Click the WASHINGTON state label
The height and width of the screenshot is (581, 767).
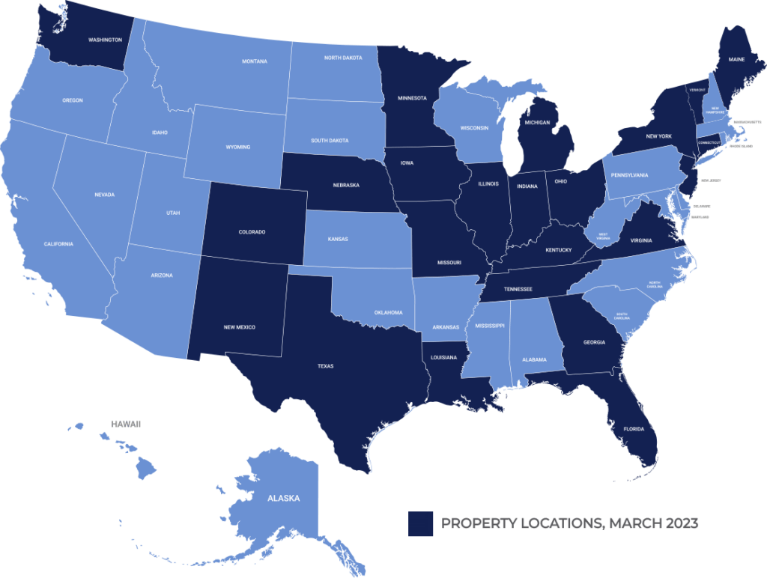pyautogui.click(x=106, y=40)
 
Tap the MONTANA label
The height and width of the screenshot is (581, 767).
pyautogui.click(x=255, y=61)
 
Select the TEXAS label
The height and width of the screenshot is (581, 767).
pyautogui.click(x=325, y=366)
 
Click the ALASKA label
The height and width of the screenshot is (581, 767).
pyautogui.click(x=284, y=498)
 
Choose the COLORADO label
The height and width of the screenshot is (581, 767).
pyautogui.click(x=252, y=232)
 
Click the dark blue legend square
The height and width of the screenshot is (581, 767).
pyautogui.click(x=421, y=523)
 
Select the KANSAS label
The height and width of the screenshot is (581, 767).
pyautogui.click(x=338, y=240)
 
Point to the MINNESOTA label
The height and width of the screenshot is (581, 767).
pyautogui.click(x=412, y=98)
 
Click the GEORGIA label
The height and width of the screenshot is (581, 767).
pyautogui.click(x=593, y=342)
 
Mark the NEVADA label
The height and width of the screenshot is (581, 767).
pyautogui.click(x=105, y=195)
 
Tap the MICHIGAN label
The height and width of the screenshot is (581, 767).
pyautogui.click(x=537, y=122)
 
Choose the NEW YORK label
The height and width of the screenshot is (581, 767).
pyautogui.click(x=659, y=136)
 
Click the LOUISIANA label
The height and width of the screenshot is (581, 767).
pyautogui.click(x=443, y=358)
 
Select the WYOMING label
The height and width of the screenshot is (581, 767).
pyautogui.click(x=237, y=147)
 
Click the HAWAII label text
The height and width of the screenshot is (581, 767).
pyautogui.click(x=125, y=424)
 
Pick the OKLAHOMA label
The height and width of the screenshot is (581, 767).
pyautogui.click(x=389, y=312)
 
